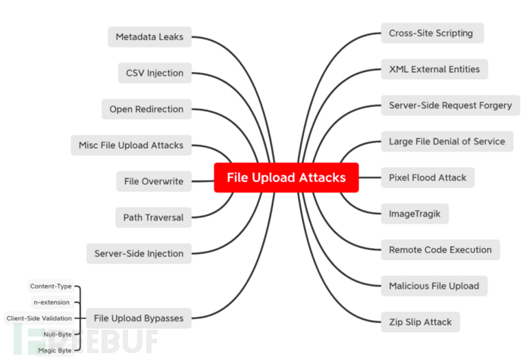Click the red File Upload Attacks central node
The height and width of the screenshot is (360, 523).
coord(286,177)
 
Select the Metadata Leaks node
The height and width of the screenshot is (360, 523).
coord(149,36)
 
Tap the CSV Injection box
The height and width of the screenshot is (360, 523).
coord(155,73)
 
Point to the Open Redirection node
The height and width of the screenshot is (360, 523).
coord(146,108)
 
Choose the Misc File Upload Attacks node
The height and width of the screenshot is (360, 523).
coord(131,145)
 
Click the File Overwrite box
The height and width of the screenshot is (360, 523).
coord(154,181)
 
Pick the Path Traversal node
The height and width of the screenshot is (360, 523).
coord(153,218)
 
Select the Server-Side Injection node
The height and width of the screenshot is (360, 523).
coord(139,253)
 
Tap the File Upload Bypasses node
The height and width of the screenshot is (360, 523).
coord(137,318)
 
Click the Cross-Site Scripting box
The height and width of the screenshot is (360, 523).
coord(431,33)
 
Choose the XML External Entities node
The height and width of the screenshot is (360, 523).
coord(434,69)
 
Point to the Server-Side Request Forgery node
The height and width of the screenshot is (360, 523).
coord(449,105)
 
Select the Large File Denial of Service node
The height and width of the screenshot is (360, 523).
coord(446,141)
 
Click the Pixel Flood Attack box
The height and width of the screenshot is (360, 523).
coord(427,177)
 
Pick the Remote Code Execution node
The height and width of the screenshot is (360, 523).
coord(440,249)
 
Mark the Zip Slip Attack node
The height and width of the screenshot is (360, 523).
coord(420,322)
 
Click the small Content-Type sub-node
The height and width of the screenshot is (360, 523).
coord(51,286)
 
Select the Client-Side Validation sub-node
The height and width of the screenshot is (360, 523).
coord(39,318)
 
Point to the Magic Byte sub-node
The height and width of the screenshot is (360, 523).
coord(55,350)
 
